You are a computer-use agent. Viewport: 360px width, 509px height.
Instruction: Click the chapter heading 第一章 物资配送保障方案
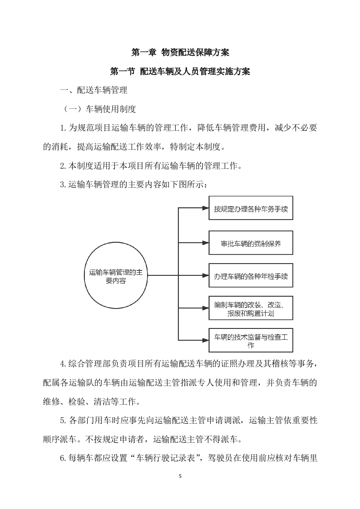tap(180, 53)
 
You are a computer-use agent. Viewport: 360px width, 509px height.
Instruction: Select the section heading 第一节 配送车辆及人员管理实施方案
tap(180, 72)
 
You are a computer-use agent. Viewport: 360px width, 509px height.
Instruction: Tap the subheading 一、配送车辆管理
tap(94, 90)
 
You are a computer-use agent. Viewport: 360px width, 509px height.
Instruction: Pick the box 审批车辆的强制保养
tap(251, 243)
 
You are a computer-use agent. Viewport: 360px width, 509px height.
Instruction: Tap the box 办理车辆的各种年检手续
tap(251, 275)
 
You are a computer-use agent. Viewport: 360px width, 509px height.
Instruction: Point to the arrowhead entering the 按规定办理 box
tap(205, 209)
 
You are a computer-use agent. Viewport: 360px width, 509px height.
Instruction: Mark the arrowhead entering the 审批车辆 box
tap(205, 243)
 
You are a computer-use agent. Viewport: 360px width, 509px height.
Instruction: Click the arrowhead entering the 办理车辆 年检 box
tap(205, 275)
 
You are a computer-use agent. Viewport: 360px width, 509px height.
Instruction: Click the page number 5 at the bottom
tap(180, 476)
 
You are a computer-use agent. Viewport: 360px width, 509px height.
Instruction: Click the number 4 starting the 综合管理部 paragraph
tap(63, 364)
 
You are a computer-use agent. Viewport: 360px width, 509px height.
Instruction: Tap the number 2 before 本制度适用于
tap(63, 166)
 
